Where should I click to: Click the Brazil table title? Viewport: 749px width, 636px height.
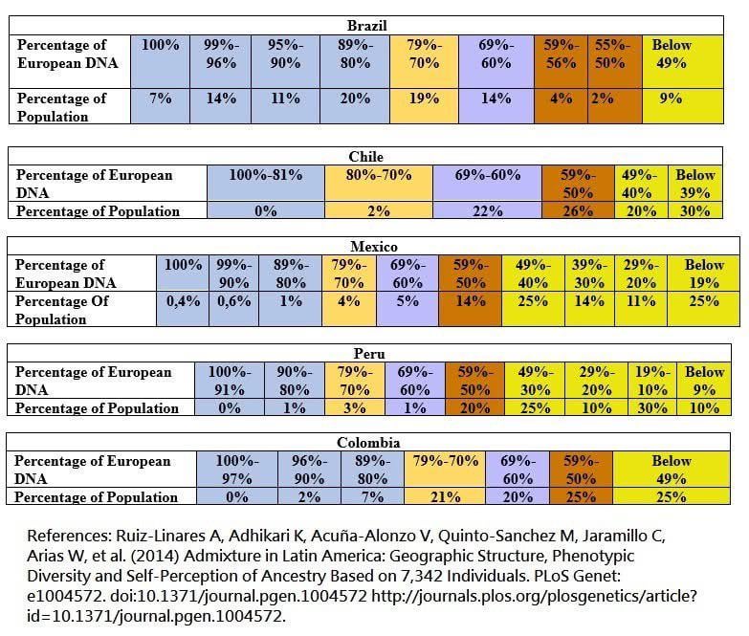366,26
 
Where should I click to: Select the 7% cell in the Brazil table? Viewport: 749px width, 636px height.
161,99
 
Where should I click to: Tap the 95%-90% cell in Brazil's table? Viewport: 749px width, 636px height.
283,54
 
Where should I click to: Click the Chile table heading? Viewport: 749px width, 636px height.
365,157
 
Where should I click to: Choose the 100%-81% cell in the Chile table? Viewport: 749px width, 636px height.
266,175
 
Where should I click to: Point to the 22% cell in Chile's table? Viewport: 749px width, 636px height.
486,211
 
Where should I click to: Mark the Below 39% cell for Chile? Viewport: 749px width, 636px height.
694,184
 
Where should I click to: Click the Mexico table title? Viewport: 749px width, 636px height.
374,247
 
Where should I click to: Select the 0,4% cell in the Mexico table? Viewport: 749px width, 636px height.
183,301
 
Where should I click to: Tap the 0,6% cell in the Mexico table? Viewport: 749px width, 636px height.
233,301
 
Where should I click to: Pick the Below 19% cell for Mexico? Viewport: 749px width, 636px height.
704,274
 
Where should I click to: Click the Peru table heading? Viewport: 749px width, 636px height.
367,354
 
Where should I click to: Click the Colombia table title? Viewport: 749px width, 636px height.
368,443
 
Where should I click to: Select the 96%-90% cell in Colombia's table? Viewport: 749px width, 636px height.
309,470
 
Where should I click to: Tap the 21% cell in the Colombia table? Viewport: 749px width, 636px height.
445,497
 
